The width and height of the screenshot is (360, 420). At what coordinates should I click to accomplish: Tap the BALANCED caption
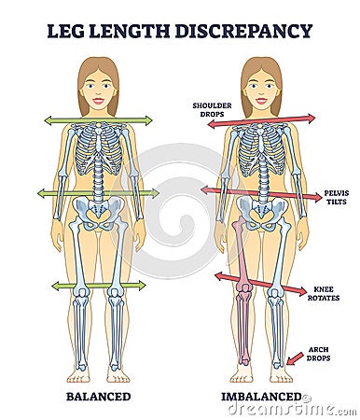tap(98, 397)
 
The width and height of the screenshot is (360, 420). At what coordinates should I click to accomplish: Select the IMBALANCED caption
tap(262, 397)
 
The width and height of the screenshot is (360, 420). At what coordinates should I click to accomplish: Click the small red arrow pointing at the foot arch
tap(295, 357)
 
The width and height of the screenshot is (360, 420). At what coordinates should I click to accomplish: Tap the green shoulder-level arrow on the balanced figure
tap(98, 120)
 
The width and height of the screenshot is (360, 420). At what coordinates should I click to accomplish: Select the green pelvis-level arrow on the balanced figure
tap(98, 193)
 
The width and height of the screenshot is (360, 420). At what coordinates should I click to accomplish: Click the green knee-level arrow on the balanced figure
tap(98, 285)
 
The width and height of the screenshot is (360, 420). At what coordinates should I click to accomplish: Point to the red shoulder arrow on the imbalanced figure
tap(261, 120)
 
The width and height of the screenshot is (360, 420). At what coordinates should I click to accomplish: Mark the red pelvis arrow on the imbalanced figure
tap(261, 193)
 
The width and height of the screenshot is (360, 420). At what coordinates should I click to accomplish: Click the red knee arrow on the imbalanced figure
tap(260, 284)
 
